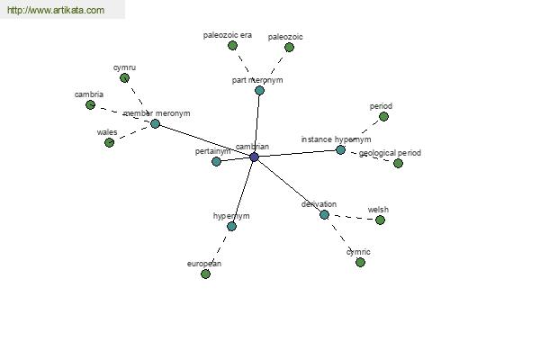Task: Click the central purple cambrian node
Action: [x=254, y=157]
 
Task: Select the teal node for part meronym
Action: [x=260, y=91]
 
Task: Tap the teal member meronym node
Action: [x=156, y=123]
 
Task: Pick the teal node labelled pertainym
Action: [x=216, y=161]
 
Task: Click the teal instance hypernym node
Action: [x=340, y=150]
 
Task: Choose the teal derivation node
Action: [x=324, y=215]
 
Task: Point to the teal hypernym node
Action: [x=232, y=226]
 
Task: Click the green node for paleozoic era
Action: [x=233, y=46]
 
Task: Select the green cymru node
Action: [x=125, y=78]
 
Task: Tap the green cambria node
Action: [x=91, y=104]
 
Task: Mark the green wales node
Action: [x=110, y=142]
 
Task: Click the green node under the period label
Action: [x=383, y=117]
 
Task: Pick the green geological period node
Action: [x=398, y=163]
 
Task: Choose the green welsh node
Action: [x=380, y=220]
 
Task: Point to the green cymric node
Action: [x=361, y=263]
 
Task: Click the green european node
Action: [x=205, y=274]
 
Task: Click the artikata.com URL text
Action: [x=56, y=10]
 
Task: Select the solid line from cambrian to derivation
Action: [x=289, y=186]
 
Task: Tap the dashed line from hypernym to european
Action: [x=219, y=250]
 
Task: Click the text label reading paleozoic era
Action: [x=228, y=35]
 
